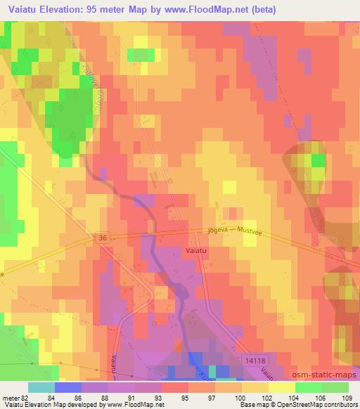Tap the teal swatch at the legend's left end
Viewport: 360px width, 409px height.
point(40,388)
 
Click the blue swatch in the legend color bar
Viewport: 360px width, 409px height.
point(67,388)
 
